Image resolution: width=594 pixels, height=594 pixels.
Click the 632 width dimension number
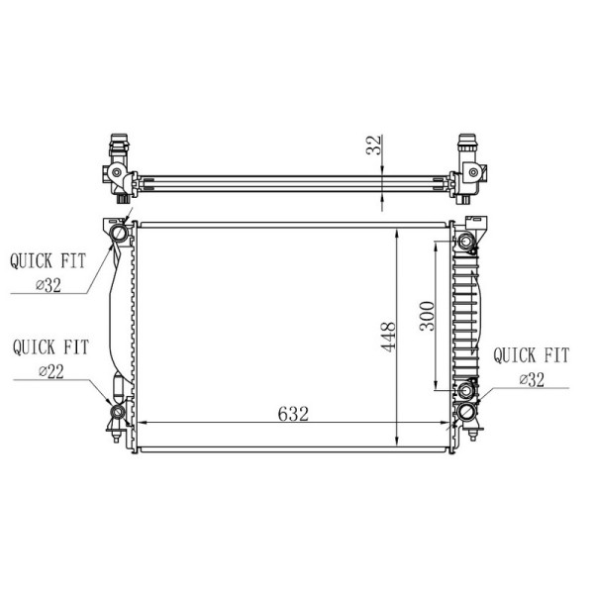coord(293,414)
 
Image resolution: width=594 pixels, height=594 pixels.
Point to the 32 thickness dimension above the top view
coord(374,148)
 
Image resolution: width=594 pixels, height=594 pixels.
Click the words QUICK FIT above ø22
coord(50,347)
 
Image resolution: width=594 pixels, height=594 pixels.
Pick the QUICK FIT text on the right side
coord(531,354)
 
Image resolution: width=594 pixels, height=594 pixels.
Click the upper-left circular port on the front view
coord(119,235)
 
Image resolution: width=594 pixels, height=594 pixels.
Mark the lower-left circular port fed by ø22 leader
coord(118,410)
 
